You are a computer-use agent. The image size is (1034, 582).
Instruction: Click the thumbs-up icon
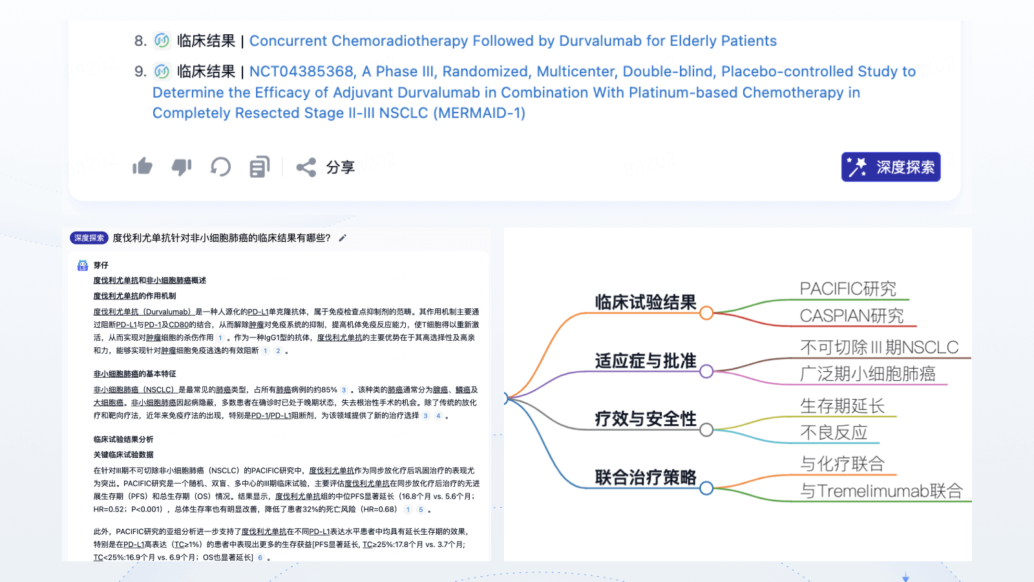point(142,167)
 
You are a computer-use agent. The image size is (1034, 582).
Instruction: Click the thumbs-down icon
point(182,167)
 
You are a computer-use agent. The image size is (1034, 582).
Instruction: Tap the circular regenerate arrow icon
point(220,167)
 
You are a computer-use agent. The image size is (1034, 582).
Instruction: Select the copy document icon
point(259,167)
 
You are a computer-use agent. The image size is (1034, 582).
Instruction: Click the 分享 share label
point(340,167)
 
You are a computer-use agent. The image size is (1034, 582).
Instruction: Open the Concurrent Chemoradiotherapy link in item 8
point(512,41)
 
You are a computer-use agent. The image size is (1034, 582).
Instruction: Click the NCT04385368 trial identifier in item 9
point(302,71)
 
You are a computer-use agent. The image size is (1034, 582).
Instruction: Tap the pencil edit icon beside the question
point(343,238)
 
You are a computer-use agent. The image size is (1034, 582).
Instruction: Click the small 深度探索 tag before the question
point(89,238)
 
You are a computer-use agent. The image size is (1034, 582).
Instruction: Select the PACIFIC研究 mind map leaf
point(848,288)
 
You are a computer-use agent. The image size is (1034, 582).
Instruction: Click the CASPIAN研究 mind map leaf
point(852,316)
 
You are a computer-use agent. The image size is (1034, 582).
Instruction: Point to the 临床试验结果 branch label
point(645,302)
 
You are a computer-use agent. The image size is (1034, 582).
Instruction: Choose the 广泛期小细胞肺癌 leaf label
point(867,374)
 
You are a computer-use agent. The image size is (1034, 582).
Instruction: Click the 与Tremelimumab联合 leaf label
point(881,491)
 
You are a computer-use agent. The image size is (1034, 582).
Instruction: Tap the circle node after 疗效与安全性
point(706,430)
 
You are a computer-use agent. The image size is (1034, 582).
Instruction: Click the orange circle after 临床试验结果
point(706,313)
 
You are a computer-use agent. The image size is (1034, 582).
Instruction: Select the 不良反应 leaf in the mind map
point(834,432)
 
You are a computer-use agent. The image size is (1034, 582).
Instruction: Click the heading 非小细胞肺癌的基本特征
point(134,374)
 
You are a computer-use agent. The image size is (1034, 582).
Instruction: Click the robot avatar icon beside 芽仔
point(83,265)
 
